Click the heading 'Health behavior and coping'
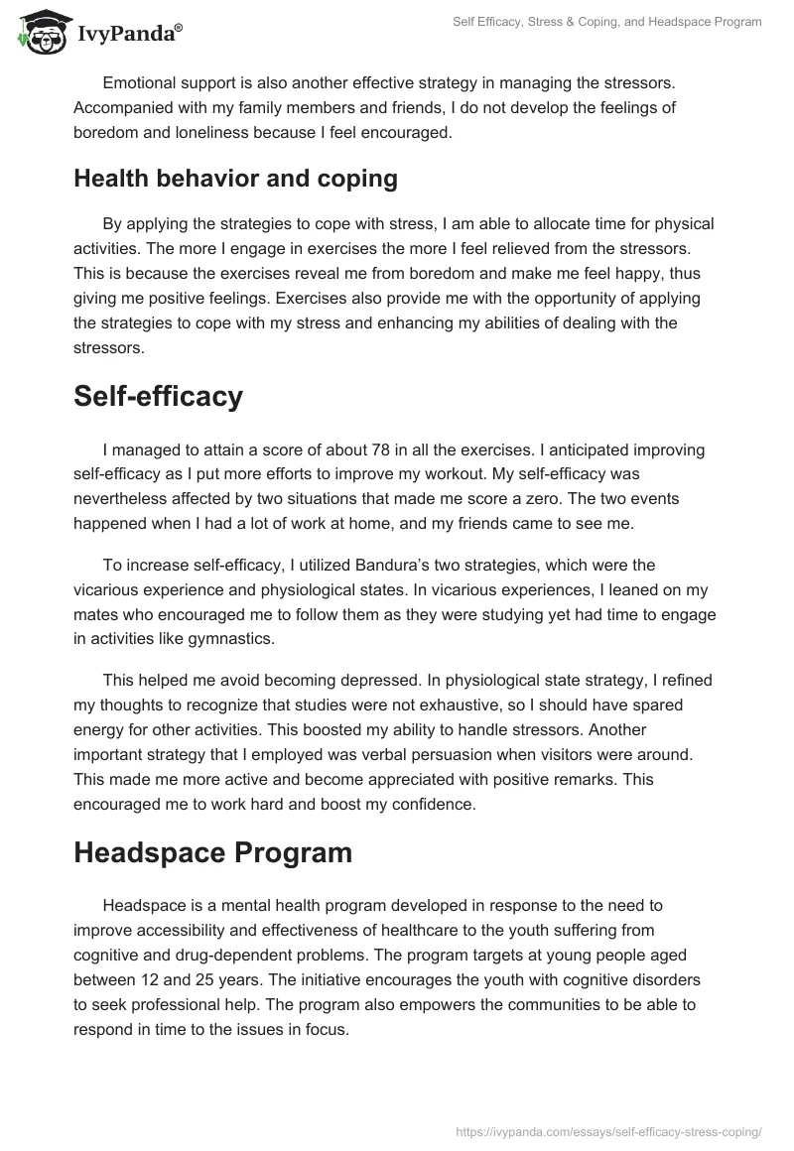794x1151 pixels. [235, 179]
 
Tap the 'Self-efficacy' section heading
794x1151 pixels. [158, 396]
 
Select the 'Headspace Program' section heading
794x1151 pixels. [212, 852]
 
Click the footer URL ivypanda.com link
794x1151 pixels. [607, 1130]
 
